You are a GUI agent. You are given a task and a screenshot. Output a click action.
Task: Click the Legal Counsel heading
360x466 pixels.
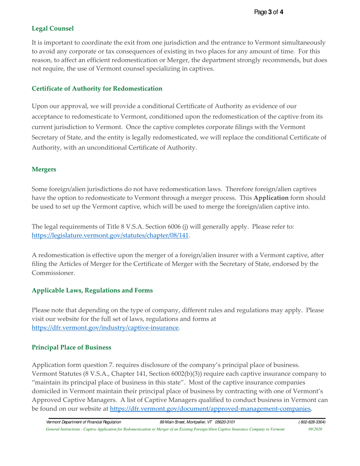pyautogui.click(x=53, y=28)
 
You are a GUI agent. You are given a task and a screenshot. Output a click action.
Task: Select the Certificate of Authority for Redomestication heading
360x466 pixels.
pyautogui.click(x=97, y=89)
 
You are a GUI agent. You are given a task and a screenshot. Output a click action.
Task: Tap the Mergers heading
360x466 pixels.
pyautogui.click(x=44, y=169)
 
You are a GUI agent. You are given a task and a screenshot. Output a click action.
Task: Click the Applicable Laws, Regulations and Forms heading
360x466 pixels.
pyautogui.click(x=92, y=291)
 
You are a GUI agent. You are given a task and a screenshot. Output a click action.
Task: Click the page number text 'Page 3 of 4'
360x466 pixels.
pyautogui.click(x=269, y=12)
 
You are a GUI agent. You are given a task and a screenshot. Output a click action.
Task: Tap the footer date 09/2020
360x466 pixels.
pyautogui.click(x=316, y=429)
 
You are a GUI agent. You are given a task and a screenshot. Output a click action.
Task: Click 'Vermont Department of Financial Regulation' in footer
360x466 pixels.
pyautogui.click(x=83, y=422)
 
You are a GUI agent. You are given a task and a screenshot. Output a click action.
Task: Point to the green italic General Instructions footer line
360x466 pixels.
pyautogui.click(x=165, y=429)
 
